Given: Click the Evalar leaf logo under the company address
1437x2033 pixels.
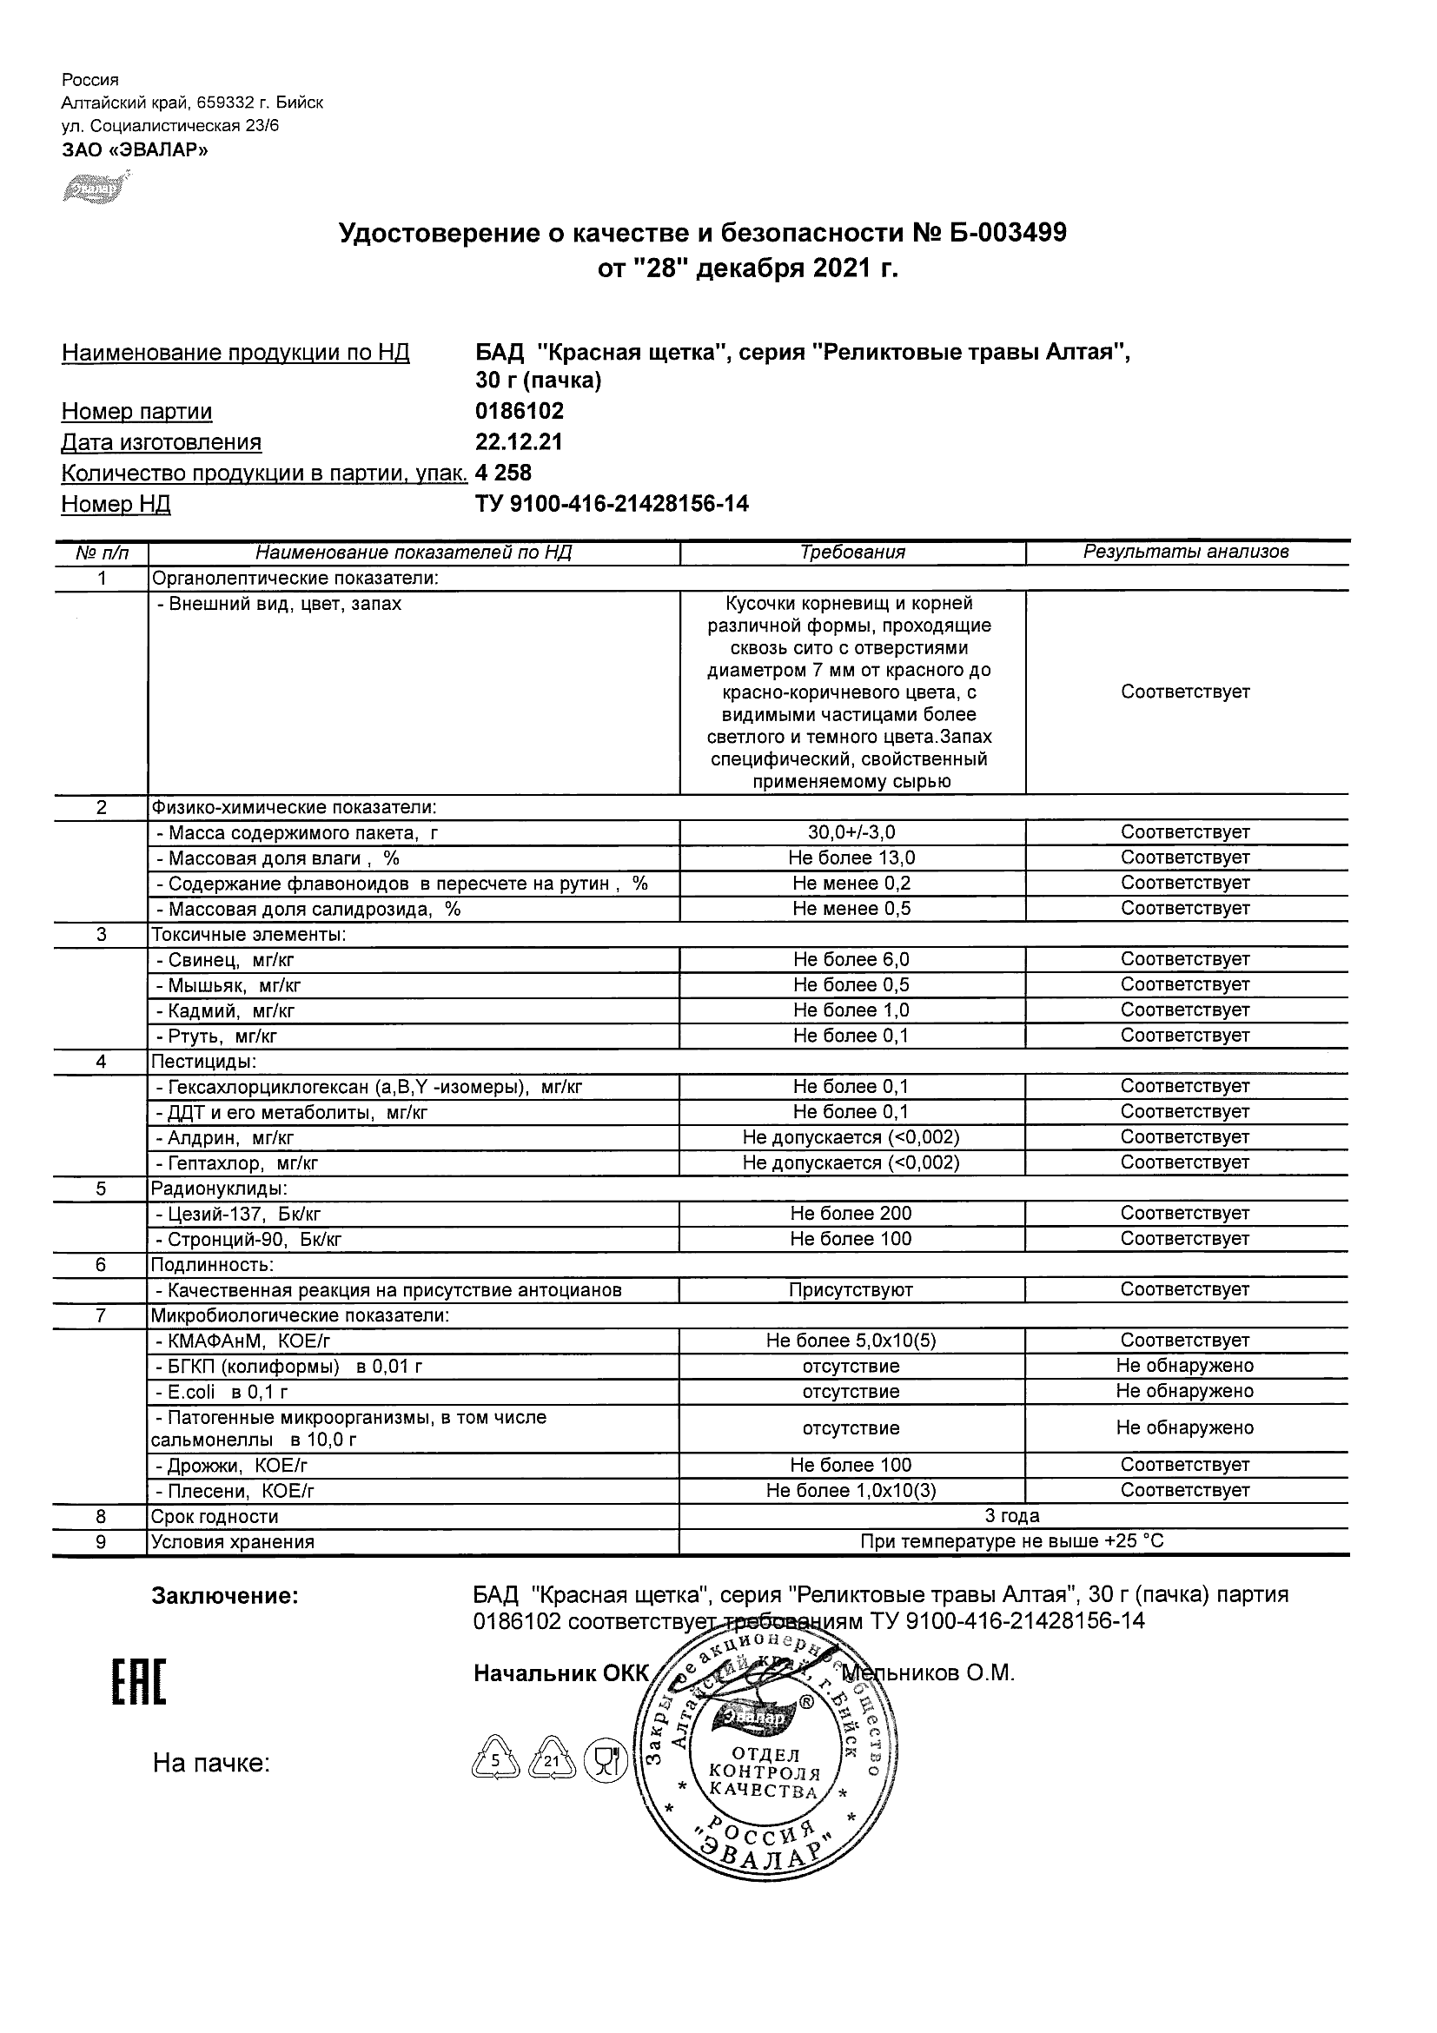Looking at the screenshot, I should coord(94,189).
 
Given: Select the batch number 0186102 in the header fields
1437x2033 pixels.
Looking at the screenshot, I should coord(519,411).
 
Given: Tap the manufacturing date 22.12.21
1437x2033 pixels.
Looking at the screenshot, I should coord(519,442).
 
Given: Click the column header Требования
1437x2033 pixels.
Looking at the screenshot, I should coord(851,553).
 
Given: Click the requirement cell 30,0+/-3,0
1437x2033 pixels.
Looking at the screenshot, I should coord(851,832).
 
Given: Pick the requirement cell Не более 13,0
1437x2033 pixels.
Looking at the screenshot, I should coord(851,858).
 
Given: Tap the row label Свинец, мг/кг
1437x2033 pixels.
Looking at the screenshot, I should coord(232,960).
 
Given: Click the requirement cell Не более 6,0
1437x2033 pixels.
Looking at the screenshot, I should coord(851,959).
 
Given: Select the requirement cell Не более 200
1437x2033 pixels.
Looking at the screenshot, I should coord(851,1213).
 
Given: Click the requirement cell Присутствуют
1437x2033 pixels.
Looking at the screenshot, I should coord(851,1290).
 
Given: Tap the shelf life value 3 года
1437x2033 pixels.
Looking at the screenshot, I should coord(1012,1516).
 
